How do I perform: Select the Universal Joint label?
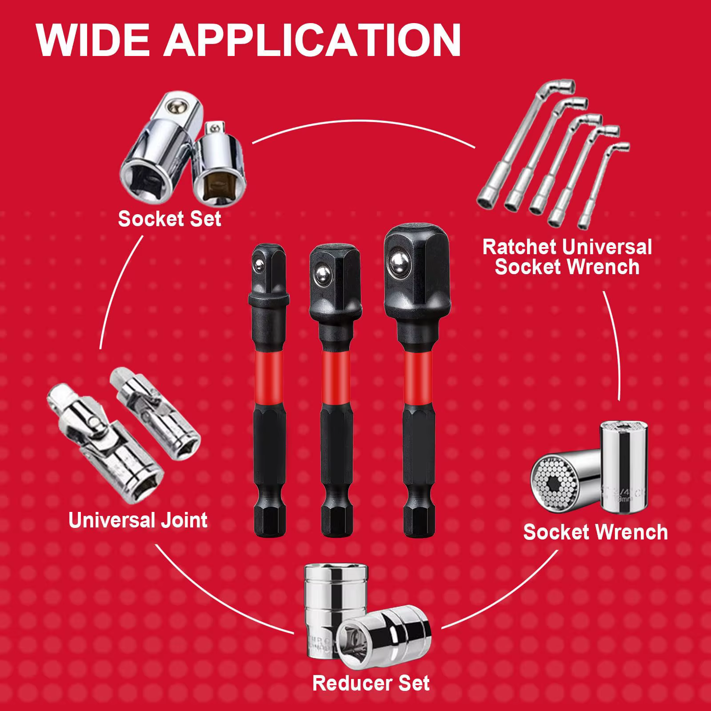click(x=138, y=520)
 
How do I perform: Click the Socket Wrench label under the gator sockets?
click(x=595, y=532)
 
